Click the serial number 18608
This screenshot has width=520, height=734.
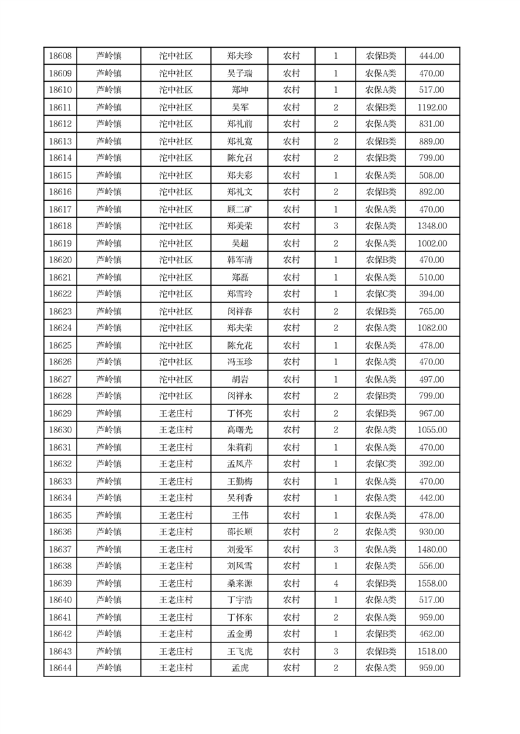60,56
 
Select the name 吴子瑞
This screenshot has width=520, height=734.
240,73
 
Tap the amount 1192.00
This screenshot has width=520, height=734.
432,107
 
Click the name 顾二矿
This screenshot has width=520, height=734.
240,209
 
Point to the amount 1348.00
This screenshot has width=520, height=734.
432,226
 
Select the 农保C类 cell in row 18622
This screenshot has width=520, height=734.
381,294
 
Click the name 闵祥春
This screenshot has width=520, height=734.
240,311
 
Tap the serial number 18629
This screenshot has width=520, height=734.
60,413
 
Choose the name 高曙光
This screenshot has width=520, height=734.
240,430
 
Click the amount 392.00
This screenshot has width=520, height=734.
432,464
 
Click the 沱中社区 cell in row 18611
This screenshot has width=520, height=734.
176,107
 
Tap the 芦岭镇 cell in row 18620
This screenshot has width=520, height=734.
109,260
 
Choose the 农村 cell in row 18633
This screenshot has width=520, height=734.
291,481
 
